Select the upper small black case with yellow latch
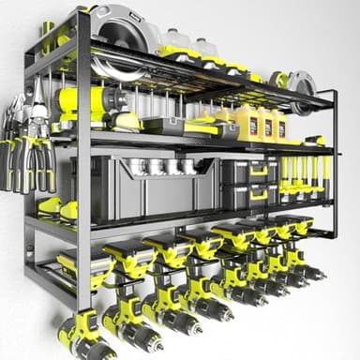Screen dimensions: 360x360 point(248,171)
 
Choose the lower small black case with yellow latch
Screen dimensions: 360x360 point(248,193)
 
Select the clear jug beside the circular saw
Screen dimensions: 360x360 point(178,41)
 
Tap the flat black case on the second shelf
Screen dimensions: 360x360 point(163,125)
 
